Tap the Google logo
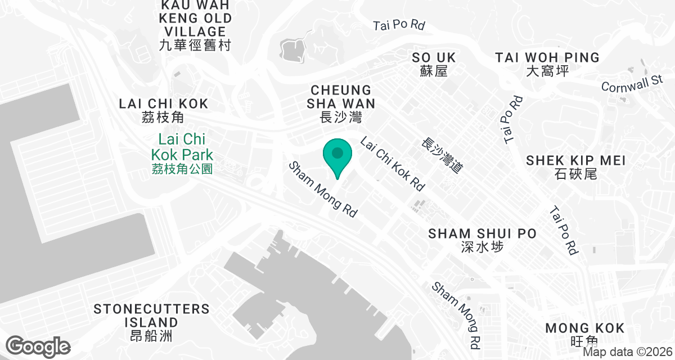[38, 346]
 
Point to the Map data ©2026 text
[627, 352]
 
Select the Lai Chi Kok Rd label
[392, 163]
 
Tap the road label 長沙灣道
[442, 155]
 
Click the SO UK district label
[434, 57]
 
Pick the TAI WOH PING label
[547, 57]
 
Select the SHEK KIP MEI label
[575, 160]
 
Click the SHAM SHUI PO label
[482, 233]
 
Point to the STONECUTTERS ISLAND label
[151, 316]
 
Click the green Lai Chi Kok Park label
[182, 146]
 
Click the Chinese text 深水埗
[481, 247]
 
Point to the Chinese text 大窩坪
[547, 71]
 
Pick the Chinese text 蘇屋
[433, 71]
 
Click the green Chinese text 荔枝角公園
[182, 168]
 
